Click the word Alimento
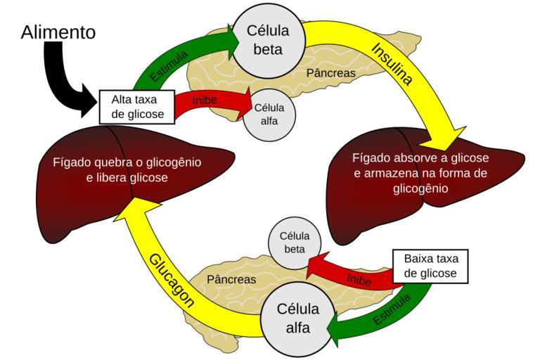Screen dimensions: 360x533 point(58,32)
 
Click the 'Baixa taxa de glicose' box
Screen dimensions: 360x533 point(430,265)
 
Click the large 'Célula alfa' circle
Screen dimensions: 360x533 point(297,318)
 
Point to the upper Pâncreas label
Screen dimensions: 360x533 point(331,72)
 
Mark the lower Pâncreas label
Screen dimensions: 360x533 point(231,279)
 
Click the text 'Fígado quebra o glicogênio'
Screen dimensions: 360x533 point(127,162)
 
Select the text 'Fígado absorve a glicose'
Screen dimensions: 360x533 point(420,157)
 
